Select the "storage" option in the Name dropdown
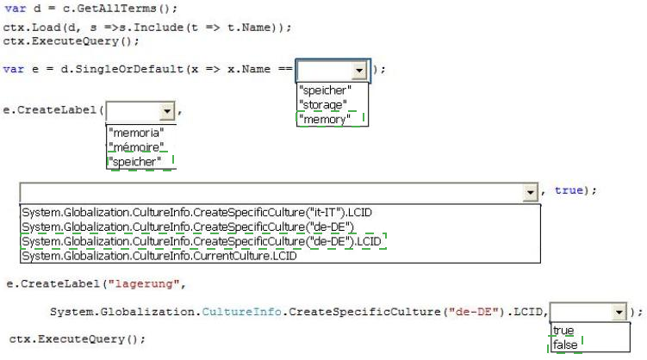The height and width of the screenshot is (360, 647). (323, 105)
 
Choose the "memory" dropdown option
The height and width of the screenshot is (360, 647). (325, 119)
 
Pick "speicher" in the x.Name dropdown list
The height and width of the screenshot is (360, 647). (325, 90)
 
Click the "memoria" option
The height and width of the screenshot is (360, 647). (136, 133)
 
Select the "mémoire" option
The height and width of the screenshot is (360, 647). (136, 147)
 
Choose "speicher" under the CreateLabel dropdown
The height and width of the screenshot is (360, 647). (135, 162)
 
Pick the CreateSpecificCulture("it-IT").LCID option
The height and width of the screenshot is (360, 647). (196, 213)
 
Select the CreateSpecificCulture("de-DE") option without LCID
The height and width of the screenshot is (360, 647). (188, 227)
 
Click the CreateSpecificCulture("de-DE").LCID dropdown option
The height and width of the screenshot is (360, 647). (202, 241)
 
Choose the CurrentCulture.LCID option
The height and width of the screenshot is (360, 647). (159, 256)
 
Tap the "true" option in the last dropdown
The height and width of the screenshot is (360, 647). (563, 331)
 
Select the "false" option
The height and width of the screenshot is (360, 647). (565, 344)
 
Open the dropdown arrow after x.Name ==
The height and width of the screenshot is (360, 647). (359, 71)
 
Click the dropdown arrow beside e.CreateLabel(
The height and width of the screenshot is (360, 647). (167, 111)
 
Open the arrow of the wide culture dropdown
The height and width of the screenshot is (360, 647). (530, 192)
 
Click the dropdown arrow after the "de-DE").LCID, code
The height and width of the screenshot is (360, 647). (619, 312)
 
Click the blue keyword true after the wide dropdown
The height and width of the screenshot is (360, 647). (569, 190)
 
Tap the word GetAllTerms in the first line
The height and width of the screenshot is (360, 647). (117, 9)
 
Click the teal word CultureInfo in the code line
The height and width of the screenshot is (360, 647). (242, 312)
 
